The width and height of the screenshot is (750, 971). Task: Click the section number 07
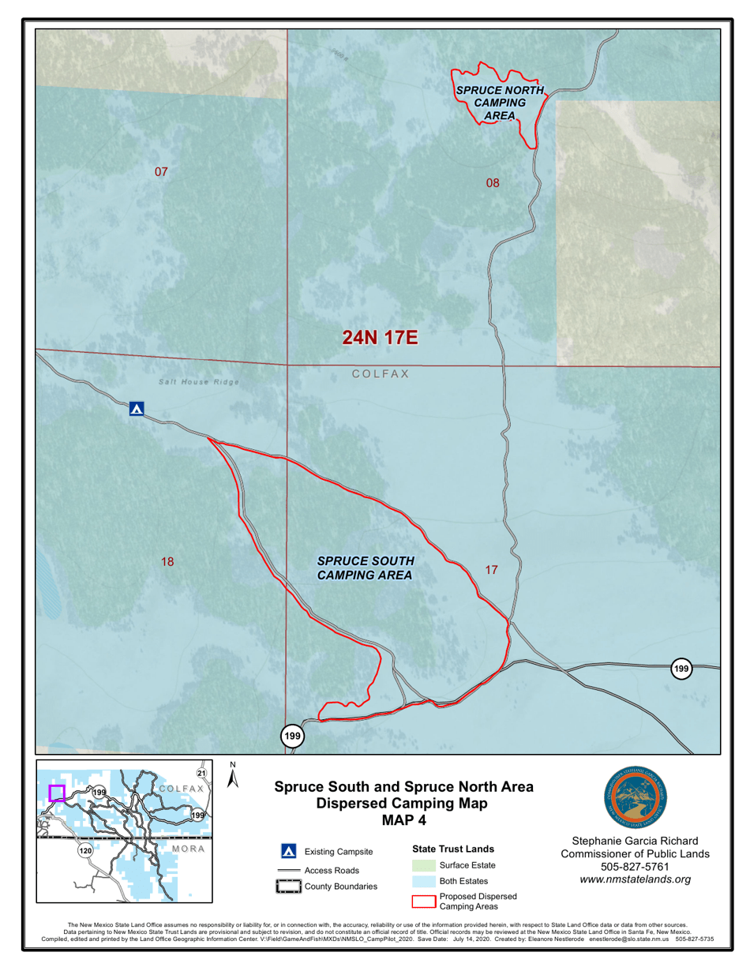tap(161, 171)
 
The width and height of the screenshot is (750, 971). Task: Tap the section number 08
tap(493, 183)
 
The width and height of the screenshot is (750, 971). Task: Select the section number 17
tap(490, 569)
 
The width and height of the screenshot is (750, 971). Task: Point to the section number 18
tap(167, 562)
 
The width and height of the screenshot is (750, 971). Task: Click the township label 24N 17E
tap(379, 339)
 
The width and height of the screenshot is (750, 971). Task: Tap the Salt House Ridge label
tap(198, 382)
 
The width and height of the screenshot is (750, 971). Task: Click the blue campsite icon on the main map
tap(137, 409)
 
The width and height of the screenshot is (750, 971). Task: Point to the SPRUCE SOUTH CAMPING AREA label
tap(365, 568)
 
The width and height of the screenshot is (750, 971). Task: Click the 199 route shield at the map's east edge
tap(681, 669)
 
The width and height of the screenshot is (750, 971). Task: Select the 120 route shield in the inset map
tap(86, 851)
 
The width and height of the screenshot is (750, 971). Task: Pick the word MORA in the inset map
tap(189, 849)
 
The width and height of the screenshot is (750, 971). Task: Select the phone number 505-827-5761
tap(636, 868)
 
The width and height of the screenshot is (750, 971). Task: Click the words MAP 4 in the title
tap(403, 820)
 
